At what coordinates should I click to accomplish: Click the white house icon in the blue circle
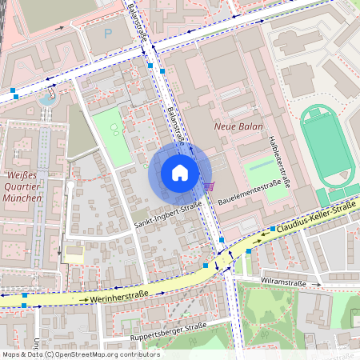click(180, 173)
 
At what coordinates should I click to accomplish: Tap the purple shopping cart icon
click(209, 186)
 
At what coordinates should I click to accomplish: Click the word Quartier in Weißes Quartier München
click(22, 186)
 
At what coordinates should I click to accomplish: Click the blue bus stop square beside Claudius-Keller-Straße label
click(273, 229)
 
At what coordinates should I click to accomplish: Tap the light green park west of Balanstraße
click(111, 136)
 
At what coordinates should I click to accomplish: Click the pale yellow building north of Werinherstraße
click(73, 256)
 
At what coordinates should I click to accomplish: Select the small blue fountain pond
click(48, 100)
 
